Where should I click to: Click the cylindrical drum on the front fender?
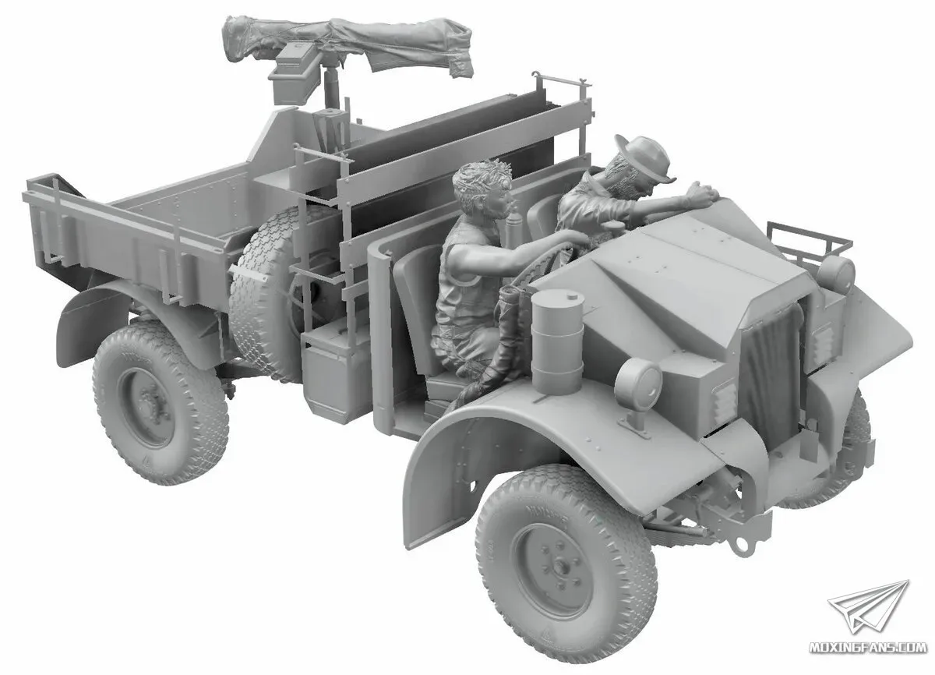[x=557, y=341]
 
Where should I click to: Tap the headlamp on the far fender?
[x=837, y=274]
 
